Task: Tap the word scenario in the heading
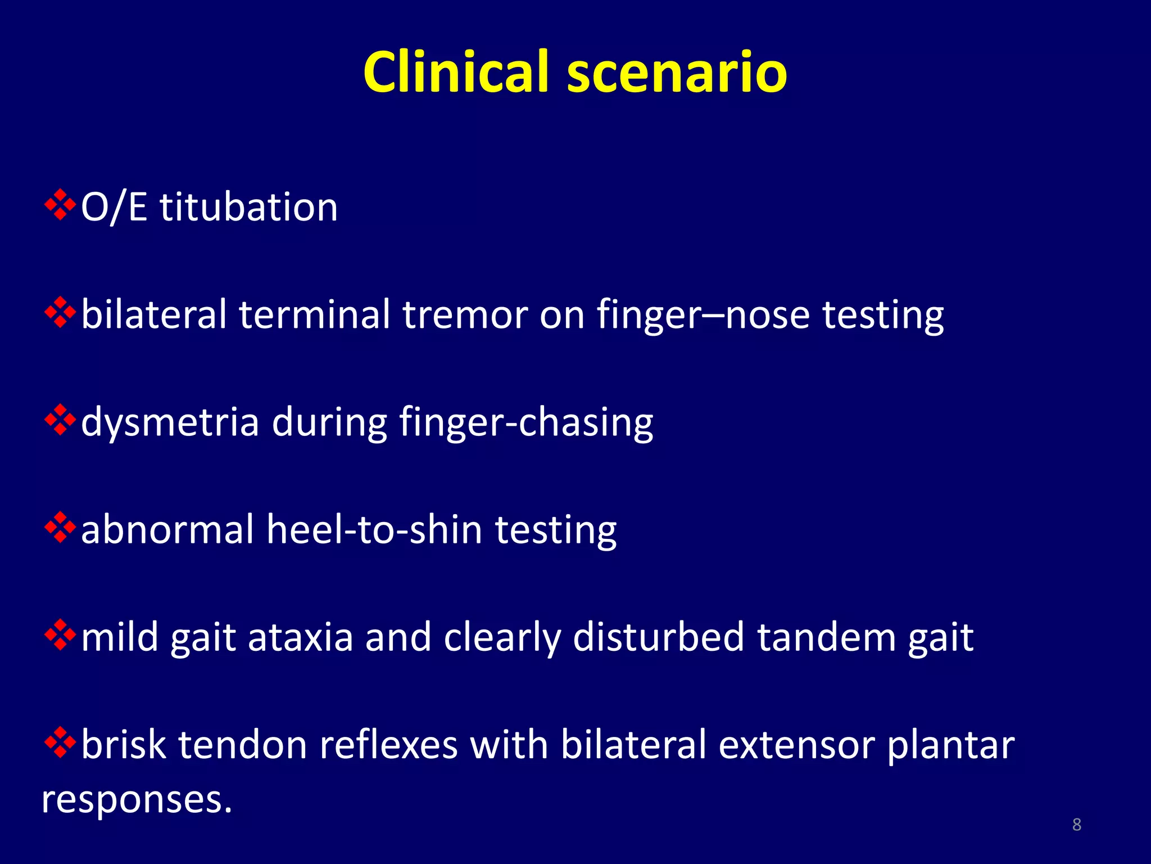pyautogui.click(x=677, y=73)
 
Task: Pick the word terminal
pyautogui.click(x=314, y=314)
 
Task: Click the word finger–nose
pyautogui.click(x=703, y=316)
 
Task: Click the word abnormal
pyautogui.click(x=167, y=530)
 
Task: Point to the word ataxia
pyautogui.click(x=300, y=637)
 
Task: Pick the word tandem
pyautogui.click(x=826, y=637)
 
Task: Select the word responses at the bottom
pyautogui.click(x=137, y=799)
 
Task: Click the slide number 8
pyautogui.click(x=1077, y=825)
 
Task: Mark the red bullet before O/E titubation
pyautogui.click(x=60, y=205)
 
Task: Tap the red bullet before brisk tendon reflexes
pyautogui.click(x=60, y=742)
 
